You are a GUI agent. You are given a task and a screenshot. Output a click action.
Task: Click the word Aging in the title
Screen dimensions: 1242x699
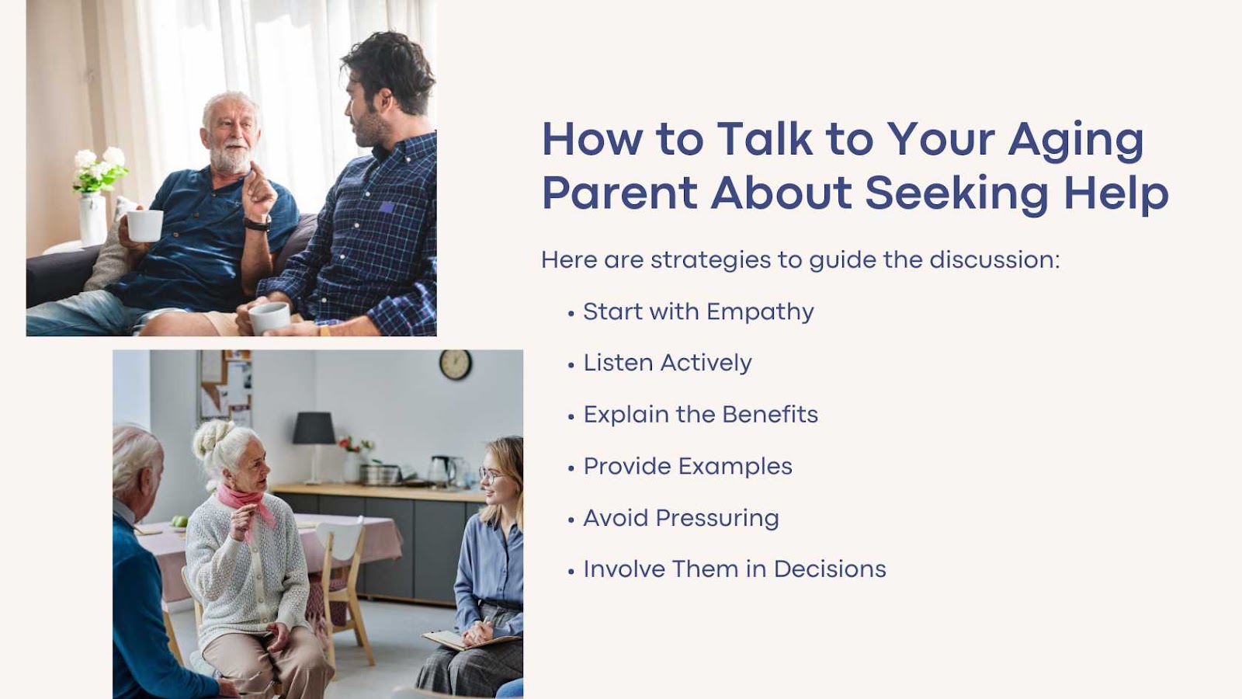[x=1076, y=141]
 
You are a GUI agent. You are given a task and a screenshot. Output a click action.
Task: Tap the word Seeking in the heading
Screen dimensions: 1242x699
[x=956, y=194]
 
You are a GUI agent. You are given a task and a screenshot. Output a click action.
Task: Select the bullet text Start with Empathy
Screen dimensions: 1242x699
[x=699, y=312]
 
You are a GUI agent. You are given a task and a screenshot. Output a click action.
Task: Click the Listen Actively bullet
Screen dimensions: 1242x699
[x=668, y=363]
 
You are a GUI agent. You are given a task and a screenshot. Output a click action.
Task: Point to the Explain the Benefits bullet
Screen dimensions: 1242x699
[x=701, y=415]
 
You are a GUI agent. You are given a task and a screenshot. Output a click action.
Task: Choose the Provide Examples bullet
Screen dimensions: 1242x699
[x=688, y=467]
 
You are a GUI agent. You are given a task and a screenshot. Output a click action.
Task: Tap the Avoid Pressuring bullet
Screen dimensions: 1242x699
[x=681, y=518]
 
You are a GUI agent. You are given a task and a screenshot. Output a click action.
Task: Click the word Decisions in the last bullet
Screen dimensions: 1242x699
[x=830, y=569]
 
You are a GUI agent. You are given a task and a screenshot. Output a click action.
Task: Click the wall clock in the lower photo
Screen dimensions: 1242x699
[x=455, y=364]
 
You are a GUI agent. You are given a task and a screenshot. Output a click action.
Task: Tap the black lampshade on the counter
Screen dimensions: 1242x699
[x=314, y=428]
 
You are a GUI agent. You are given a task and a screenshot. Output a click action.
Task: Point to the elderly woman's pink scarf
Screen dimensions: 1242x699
[x=245, y=502]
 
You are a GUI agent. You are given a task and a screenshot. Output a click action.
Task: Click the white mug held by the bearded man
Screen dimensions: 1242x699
[x=144, y=225]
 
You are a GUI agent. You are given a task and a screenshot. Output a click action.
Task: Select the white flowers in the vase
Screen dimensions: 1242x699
[x=100, y=169]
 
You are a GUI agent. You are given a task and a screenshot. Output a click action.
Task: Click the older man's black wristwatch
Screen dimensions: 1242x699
[x=258, y=224]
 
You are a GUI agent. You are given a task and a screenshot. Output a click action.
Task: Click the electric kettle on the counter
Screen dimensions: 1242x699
[x=442, y=471]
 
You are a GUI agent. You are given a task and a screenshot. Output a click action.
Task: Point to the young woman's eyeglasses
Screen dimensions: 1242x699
[x=491, y=475]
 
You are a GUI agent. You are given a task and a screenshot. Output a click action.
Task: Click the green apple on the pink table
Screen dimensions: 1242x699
[x=179, y=521]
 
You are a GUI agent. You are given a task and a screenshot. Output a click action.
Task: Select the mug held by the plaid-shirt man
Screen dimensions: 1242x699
[x=269, y=318]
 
